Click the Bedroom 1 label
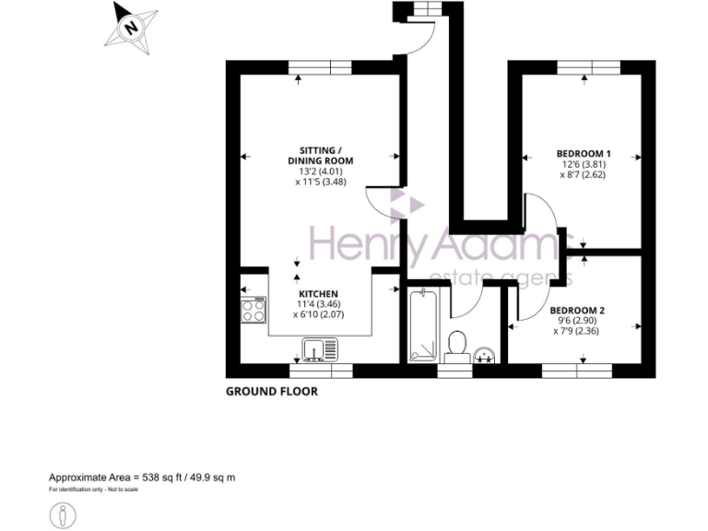click(x=584, y=153)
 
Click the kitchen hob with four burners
click(x=253, y=310)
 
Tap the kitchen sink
click(x=320, y=350)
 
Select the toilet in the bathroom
click(x=455, y=344)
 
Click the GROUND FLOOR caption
click(x=272, y=392)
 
